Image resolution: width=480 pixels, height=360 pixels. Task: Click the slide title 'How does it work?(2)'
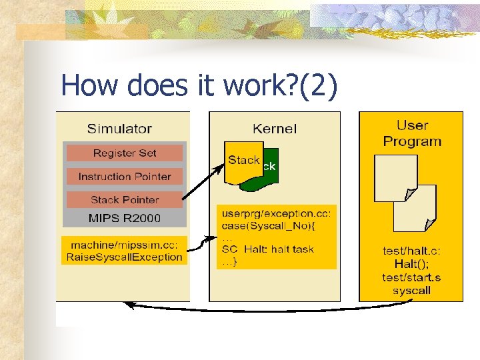click(x=199, y=85)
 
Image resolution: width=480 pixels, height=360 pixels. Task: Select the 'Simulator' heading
click(x=120, y=129)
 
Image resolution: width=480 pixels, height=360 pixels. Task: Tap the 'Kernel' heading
click(x=274, y=128)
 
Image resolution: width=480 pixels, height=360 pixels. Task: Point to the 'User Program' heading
click(x=412, y=133)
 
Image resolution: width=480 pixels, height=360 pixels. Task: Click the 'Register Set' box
click(x=125, y=153)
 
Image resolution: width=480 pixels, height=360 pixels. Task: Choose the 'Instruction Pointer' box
click(x=125, y=177)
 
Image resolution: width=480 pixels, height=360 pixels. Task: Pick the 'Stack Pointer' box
click(x=125, y=199)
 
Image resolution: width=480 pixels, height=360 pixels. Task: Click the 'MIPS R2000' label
click(x=125, y=217)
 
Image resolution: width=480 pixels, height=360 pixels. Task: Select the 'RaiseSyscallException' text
click(x=125, y=257)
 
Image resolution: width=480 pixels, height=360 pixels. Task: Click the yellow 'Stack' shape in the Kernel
click(x=243, y=161)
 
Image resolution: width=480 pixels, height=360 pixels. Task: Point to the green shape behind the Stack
click(x=270, y=175)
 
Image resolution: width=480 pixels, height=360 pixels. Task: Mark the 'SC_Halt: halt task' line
click(x=267, y=249)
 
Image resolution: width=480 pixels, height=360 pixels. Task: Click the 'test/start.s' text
click(x=411, y=277)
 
